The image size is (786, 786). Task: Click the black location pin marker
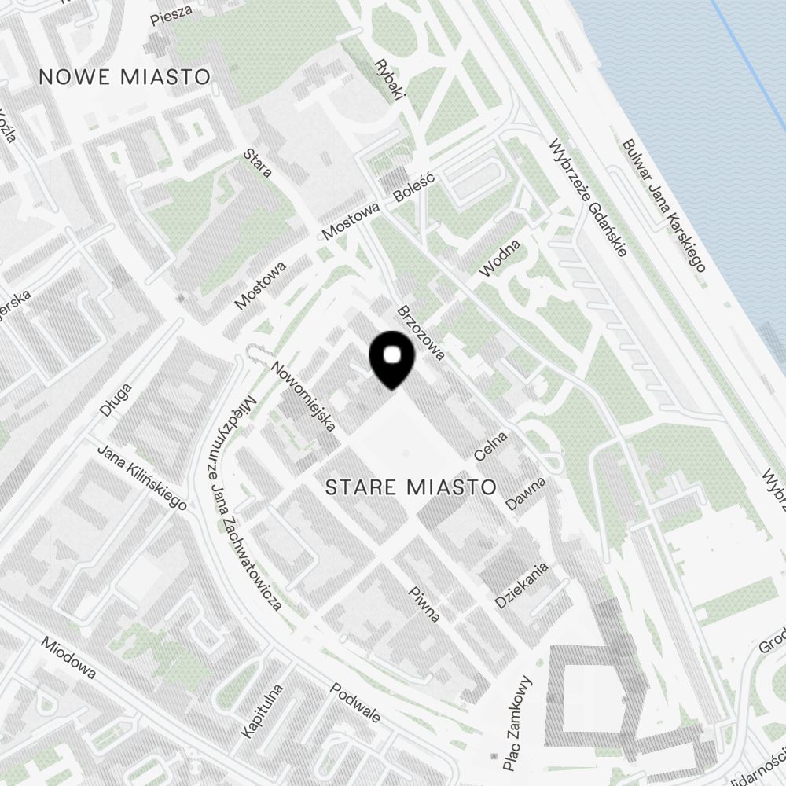[x=391, y=360]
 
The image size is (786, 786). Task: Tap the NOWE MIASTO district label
[x=125, y=77]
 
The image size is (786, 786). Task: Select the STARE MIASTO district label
[x=411, y=487]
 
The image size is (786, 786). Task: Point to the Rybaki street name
[x=389, y=79]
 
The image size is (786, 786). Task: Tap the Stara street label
[x=258, y=163]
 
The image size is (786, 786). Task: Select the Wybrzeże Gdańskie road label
[x=588, y=199]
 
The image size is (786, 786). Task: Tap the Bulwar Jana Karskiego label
[x=663, y=205]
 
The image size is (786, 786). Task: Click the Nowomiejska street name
[x=303, y=397]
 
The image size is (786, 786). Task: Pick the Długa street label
[x=116, y=399]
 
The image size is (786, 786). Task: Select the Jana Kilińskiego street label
[x=141, y=478]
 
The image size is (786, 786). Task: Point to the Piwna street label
[x=424, y=604]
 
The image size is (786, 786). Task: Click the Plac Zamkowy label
[x=516, y=724]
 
